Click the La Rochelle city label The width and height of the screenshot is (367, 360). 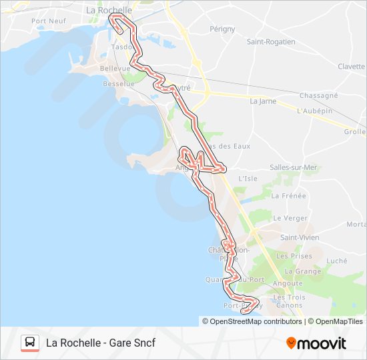coord(109,11)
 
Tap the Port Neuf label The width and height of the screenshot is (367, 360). coord(47,21)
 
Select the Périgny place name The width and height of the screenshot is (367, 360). coord(222,29)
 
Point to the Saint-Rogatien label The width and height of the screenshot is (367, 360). coord(271,41)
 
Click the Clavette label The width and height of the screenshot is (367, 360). coord(351,67)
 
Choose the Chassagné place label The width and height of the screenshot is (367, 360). coord(319,96)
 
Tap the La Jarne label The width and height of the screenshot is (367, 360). coord(263,101)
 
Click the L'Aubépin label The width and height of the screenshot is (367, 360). coord(315,111)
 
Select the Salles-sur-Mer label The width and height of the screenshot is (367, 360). coord(294,167)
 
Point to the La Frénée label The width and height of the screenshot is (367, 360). coord(288,196)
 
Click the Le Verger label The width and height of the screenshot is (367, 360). coord(291,218)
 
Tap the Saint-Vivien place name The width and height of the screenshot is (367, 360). coord(300,237)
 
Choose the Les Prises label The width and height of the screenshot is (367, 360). coord(294,256)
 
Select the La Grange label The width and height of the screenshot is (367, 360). coord(303,271)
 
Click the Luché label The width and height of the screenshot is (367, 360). coord(338,261)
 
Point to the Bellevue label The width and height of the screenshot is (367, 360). coord(114,69)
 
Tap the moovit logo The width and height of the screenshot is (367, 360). coord(316,343)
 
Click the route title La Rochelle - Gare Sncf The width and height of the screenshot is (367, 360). coord(100,343)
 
